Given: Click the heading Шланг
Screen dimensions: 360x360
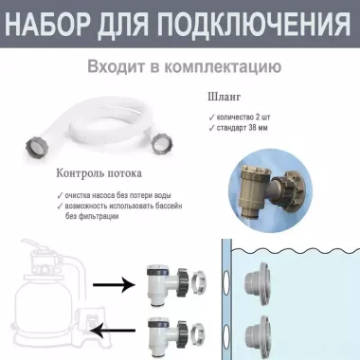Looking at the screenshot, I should (225, 96).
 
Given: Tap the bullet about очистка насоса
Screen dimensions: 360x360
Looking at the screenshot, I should (125, 194).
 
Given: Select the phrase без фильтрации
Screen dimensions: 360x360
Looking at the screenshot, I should (93, 216).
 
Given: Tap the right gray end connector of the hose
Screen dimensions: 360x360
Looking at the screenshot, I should (161, 144).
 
